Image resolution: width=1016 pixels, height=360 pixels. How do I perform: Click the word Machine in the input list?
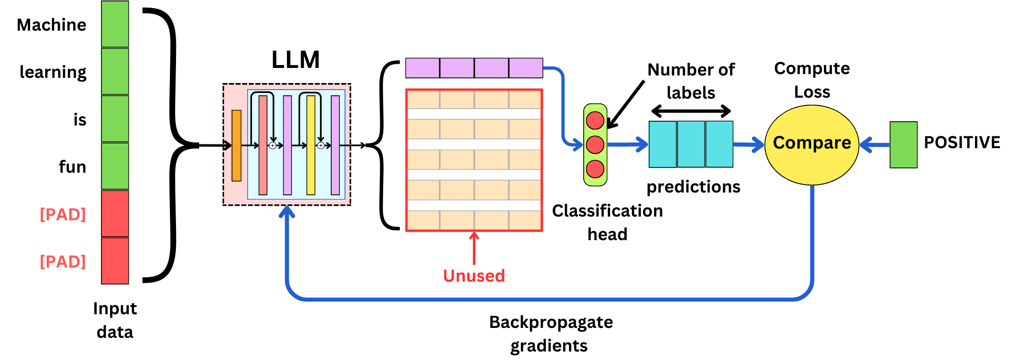51,25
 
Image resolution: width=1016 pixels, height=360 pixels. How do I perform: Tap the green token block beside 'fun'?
115,166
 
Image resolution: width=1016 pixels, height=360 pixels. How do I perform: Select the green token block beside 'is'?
115,118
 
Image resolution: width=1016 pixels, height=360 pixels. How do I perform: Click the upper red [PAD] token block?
115,213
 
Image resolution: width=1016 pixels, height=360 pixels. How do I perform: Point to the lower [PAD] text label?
63,261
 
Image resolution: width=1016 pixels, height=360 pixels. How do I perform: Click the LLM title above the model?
295,60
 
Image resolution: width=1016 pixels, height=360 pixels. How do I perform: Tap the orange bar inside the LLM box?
236,145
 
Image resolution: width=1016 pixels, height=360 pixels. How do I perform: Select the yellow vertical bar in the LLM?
311,145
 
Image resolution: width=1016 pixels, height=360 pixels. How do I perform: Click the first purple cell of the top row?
422,68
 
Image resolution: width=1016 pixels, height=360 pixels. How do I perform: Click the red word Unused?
474,276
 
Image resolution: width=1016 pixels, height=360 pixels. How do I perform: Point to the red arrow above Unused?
474,248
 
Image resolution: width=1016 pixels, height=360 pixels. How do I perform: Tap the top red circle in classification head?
595,120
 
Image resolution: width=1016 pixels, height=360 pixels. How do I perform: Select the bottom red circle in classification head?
595,169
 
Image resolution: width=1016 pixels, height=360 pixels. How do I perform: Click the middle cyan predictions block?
691,144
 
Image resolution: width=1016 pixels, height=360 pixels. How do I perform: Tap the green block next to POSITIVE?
903,144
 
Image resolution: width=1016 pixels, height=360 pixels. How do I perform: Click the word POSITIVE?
962,142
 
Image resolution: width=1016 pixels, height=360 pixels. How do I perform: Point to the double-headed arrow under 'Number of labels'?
691,111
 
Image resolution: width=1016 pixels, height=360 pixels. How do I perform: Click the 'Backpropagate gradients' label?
550,334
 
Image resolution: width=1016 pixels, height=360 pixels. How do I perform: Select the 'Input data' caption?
115,320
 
